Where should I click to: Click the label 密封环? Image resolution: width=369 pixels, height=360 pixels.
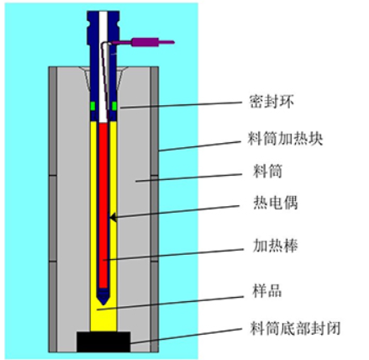point(271,102)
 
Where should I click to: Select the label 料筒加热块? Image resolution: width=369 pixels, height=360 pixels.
point(285,139)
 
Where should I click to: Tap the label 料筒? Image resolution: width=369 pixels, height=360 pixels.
point(267,171)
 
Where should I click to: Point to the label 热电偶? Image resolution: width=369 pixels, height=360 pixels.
point(275,203)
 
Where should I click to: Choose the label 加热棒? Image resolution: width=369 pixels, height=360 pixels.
point(275,246)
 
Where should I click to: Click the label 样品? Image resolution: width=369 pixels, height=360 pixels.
point(267,291)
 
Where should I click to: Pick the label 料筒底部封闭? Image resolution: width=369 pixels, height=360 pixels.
point(295,328)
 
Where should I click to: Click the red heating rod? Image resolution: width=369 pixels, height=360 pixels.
point(103,206)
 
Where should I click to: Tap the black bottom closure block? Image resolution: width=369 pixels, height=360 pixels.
point(103,341)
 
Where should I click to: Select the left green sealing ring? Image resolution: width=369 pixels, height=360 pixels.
point(92,106)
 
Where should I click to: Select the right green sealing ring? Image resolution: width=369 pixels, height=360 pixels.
point(114,106)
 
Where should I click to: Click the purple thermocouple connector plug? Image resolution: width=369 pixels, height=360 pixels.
point(145,42)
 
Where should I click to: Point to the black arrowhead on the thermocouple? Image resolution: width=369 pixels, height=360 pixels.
point(113,217)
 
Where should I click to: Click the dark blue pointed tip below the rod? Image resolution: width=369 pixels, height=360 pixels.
point(103,297)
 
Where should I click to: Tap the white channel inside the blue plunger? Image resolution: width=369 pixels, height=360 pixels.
point(103,67)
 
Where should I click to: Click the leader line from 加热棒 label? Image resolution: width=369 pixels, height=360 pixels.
point(172,255)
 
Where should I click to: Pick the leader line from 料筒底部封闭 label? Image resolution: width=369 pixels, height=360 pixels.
point(186,336)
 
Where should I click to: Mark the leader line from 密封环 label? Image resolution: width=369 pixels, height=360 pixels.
point(181,105)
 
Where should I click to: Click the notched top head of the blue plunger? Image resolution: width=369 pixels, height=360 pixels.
point(103,27)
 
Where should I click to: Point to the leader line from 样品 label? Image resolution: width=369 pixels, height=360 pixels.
point(170,303)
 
